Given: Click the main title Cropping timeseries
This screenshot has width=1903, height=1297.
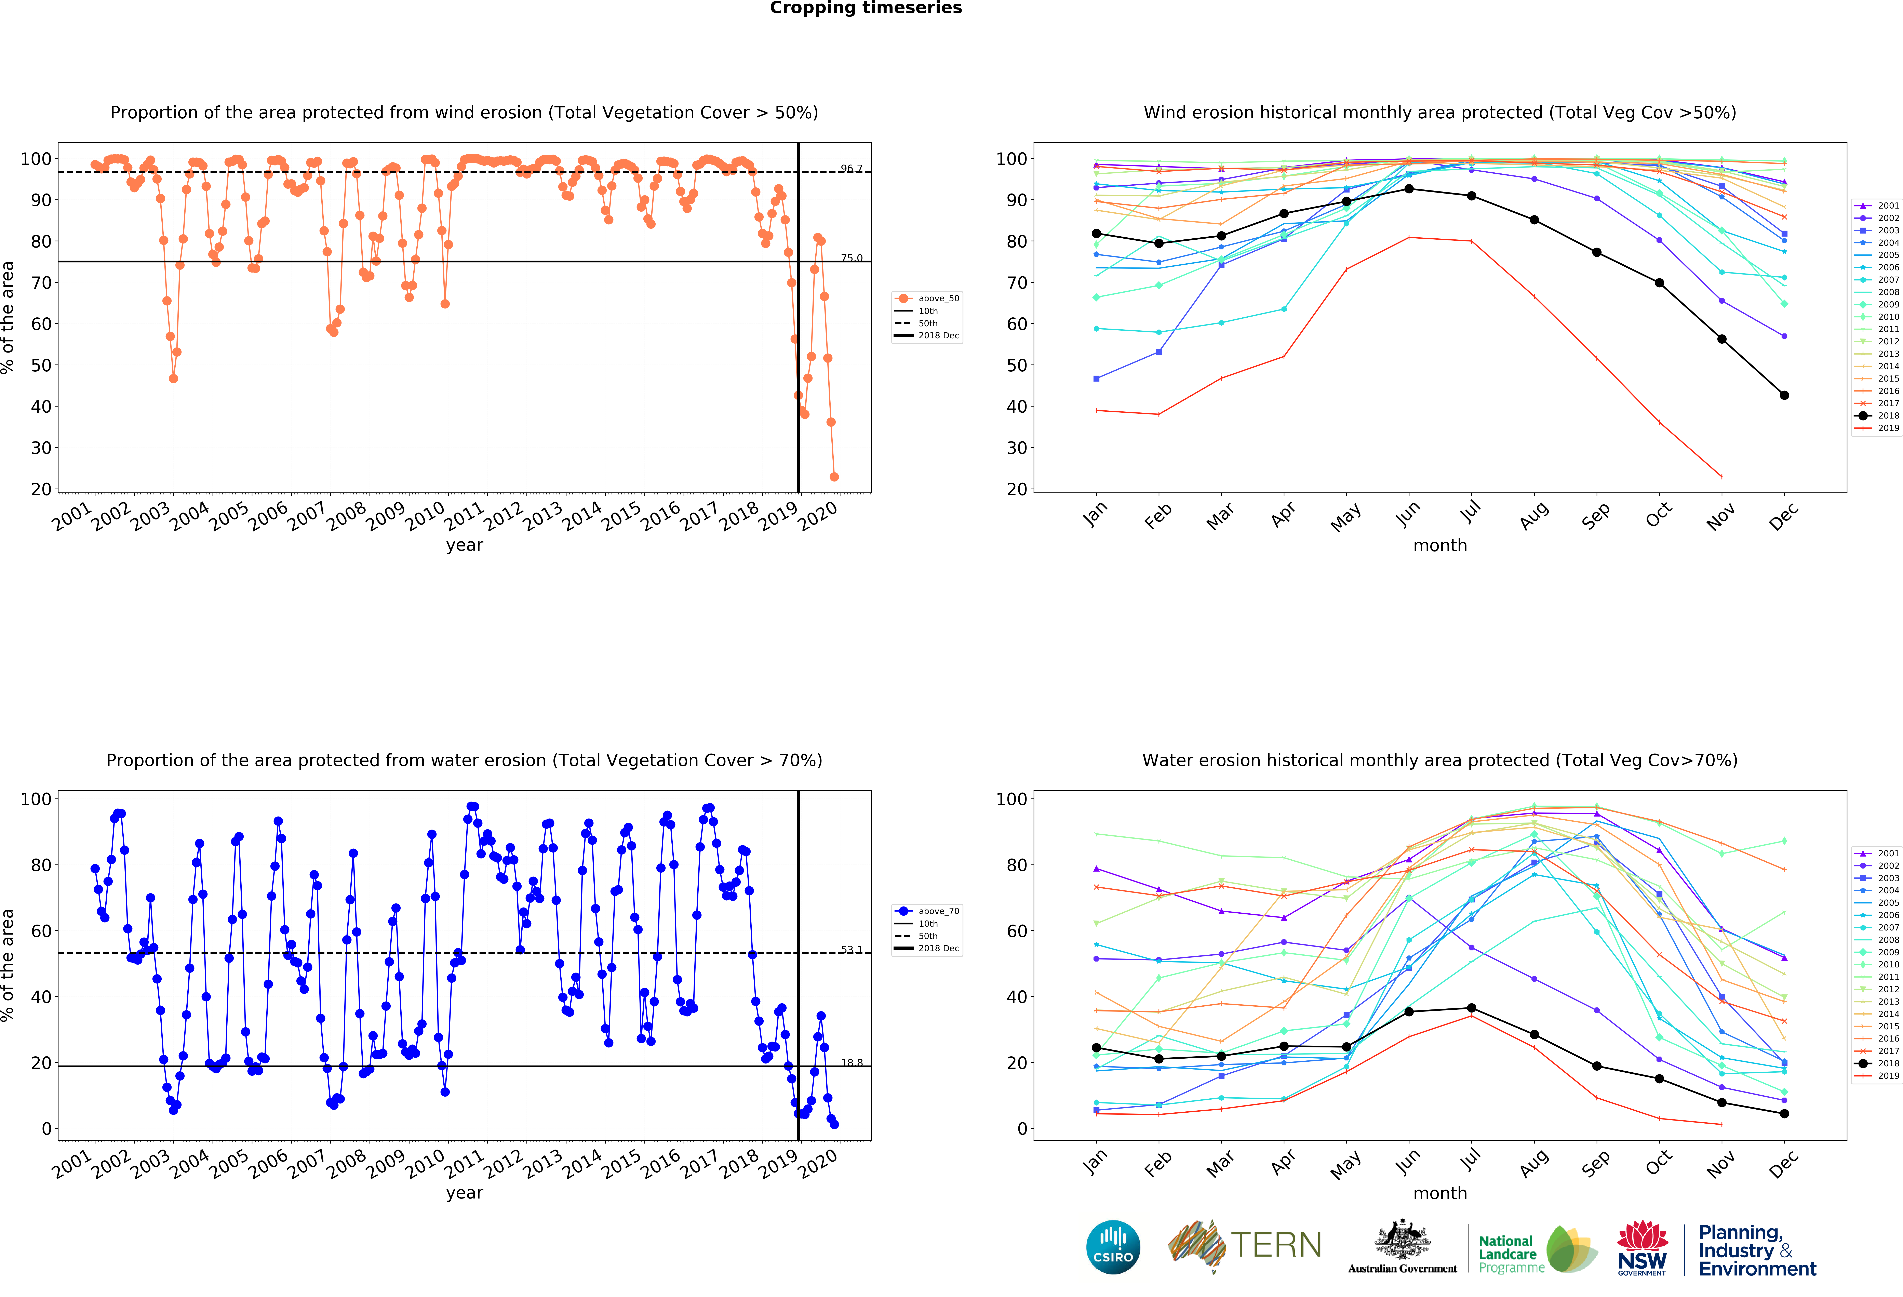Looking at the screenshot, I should [x=866, y=8].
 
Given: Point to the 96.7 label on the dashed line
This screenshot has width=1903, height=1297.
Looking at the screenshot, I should [x=851, y=169].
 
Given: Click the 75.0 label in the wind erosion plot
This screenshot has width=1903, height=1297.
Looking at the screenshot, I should [x=851, y=258].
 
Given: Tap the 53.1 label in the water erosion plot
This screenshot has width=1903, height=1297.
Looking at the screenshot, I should [x=851, y=950].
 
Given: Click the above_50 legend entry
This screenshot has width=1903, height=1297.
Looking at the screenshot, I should [x=928, y=298].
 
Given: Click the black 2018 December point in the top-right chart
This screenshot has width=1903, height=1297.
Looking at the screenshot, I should [x=1784, y=396].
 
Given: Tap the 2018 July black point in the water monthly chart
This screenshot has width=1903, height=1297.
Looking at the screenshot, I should [x=1472, y=1008].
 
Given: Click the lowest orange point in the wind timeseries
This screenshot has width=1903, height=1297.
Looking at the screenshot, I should [x=834, y=477].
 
